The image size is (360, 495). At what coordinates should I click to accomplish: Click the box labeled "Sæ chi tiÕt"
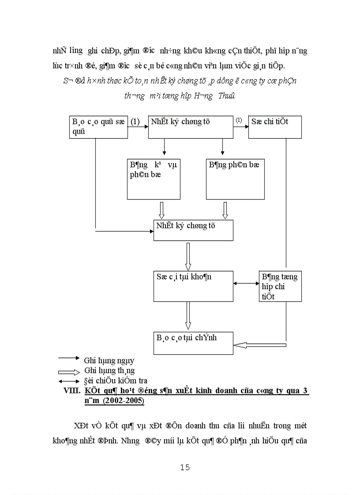click(275, 127)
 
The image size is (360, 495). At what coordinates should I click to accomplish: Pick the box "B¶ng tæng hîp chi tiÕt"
click(280, 287)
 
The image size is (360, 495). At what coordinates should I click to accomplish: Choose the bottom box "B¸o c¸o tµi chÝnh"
click(193, 343)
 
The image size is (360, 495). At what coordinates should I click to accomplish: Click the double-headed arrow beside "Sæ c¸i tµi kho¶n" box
click(246, 283)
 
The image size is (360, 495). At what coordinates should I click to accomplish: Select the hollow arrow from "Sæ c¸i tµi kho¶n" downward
click(188, 316)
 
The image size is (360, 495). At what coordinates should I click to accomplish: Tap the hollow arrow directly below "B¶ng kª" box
click(161, 210)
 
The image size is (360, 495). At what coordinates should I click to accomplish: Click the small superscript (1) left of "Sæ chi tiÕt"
click(238, 120)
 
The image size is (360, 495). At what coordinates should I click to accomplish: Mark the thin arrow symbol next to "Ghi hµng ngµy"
click(68, 358)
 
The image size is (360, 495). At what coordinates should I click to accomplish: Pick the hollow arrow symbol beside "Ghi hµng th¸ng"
click(68, 371)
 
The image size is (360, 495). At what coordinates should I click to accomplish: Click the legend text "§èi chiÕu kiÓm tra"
click(116, 380)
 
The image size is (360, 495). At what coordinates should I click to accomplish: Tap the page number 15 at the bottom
click(185, 467)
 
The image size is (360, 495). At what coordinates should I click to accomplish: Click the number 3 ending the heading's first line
click(306, 391)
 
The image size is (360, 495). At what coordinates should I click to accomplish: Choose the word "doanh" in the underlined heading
click(205, 391)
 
